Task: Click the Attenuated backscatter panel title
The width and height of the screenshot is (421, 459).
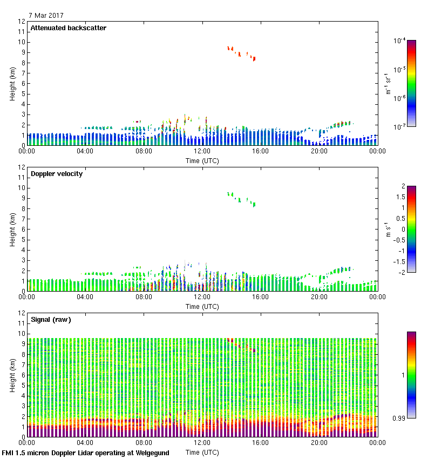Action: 68,28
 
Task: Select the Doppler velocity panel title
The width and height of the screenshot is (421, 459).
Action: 56,174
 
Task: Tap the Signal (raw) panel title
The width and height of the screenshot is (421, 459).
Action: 51,320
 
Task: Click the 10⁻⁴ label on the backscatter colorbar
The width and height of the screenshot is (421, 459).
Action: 400,40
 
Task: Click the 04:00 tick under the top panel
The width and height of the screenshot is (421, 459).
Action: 85,151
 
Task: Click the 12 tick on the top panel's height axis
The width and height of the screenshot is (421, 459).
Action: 22,22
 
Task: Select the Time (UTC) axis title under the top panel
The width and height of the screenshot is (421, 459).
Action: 202,160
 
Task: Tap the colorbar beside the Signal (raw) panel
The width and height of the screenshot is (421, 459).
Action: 411,374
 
